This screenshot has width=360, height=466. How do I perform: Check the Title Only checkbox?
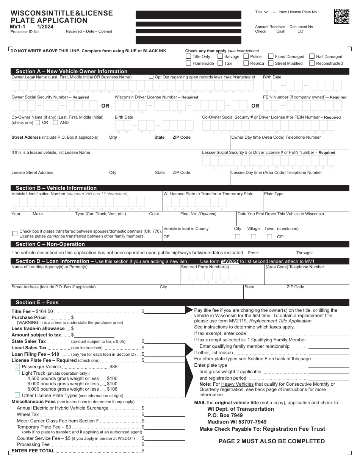click(x=188, y=56)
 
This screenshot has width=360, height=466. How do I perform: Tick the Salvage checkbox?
click(x=220, y=56)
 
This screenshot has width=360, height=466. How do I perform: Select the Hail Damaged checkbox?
click(x=312, y=56)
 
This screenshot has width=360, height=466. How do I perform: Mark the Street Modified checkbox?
click(x=271, y=63)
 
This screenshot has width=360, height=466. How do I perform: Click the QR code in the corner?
click(x=341, y=16)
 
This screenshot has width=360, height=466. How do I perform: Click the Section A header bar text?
click(x=72, y=71)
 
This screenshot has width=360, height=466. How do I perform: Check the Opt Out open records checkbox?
click(x=151, y=77)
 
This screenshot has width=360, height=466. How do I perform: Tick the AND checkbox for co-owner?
click(x=55, y=122)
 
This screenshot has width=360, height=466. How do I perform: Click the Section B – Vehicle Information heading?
click(x=56, y=188)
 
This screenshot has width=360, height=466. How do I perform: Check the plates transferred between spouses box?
click(x=15, y=233)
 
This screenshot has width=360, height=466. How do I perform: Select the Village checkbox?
click(x=254, y=236)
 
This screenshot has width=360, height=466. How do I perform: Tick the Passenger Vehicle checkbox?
click(x=17, y=367)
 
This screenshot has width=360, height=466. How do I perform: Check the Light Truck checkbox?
click(x=17, y=373)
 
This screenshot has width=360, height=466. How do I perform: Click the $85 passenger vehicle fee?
click(x=113, y=367)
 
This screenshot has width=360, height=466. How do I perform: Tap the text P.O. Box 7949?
click(x=225, y=415)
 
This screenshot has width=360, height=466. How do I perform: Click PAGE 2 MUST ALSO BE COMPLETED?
click(x=272, y=441)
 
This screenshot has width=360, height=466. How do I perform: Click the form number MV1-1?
click(x=18, y=27)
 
